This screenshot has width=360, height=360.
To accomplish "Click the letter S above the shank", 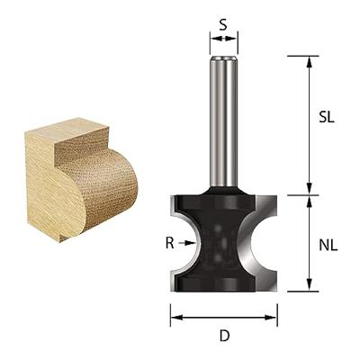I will pos(223,23).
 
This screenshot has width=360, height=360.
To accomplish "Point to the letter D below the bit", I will pos(224,336).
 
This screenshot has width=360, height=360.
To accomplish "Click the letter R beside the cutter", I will pos(169,241).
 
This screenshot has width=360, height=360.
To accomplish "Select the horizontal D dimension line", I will pos(224,317).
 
